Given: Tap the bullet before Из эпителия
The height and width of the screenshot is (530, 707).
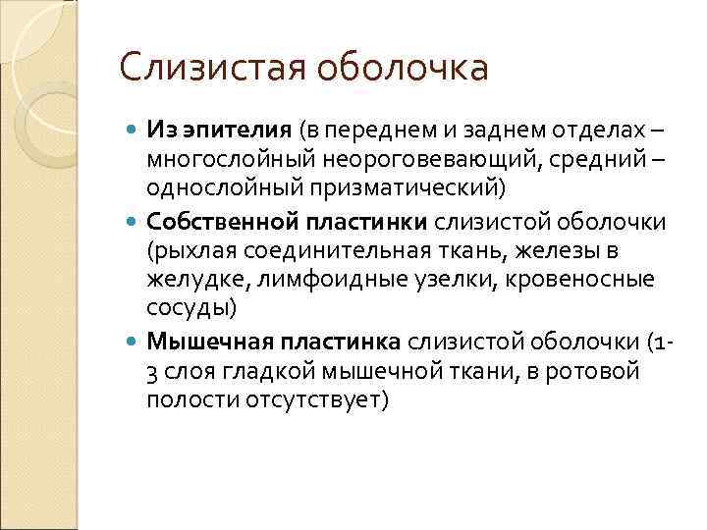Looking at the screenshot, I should pyautogui.click(x=135, y=131).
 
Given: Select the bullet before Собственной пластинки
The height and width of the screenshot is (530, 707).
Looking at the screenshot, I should pyautogui.click(x=135, y=222).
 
